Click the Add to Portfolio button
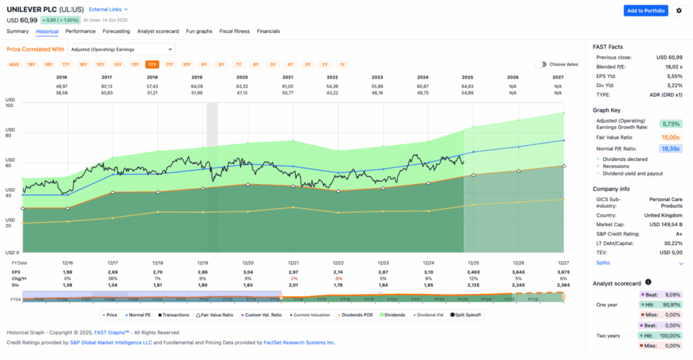pos(645,10)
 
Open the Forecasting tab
pos(116,31)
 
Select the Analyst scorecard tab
pos(158,31)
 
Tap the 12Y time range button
pos(152,64)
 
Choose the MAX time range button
pos(14,64)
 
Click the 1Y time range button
pos(342,64)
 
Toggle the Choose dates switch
pos(541,64)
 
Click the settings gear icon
pos(678,10)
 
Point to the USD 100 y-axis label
pos(9,103)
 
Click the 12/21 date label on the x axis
pos(293,263)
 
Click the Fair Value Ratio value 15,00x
pos(671,137)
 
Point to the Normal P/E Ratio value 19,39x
pos(671,148)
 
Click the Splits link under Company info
pos(602,262)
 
